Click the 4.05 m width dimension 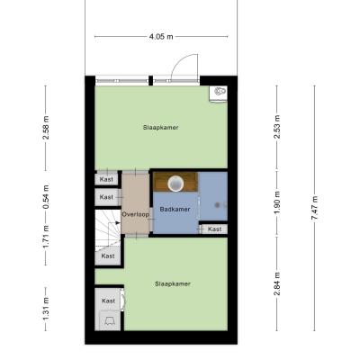click(x=161, y=37)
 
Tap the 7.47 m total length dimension click(x=315, y=208)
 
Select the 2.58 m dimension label click(x=46, y=128)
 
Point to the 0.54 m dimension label click(x=46, y=197)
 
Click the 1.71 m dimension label click(x=46, y=237)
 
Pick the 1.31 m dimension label click(x=46, y=309)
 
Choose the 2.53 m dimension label click(x=276, y=127)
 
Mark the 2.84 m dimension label click(x=276, y=283)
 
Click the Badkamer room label click(x=175, y=209)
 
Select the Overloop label click(x=135, y=214)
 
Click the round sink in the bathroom click(x=175, y=184)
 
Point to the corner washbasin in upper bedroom click(x=219, y=94)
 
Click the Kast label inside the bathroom click(x=214, y=229)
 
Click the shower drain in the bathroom click(x=217, y=205)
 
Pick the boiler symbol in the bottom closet click(x=108, y=321)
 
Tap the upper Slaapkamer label click(x=160, y=128)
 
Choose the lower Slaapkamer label click(x=173, y=283)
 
